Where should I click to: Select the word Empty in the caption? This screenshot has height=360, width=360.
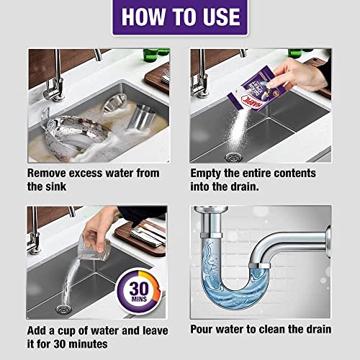point(211,174)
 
